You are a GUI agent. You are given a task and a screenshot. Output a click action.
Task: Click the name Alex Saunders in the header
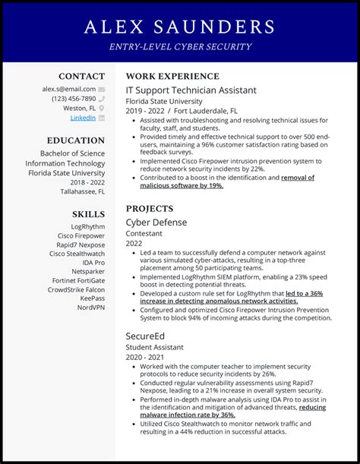180,27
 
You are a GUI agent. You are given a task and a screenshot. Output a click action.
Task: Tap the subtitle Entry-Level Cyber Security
180,47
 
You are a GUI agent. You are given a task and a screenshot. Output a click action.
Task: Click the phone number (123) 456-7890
74,99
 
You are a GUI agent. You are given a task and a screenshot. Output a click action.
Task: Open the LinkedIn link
83,118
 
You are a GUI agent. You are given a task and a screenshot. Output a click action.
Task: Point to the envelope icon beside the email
102,89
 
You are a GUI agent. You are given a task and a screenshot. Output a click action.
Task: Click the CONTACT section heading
82,76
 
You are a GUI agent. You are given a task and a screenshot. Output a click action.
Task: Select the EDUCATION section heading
75,140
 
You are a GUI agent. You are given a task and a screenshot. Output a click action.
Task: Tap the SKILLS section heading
88,214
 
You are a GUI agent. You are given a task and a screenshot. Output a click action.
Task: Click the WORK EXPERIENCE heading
172,77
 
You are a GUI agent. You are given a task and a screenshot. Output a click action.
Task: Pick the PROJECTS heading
150,209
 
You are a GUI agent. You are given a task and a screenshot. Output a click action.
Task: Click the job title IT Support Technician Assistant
191,90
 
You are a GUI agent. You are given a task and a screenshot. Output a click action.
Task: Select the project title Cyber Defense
156,222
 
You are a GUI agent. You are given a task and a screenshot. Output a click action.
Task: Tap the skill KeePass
92,299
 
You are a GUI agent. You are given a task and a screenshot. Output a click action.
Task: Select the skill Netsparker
88,271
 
